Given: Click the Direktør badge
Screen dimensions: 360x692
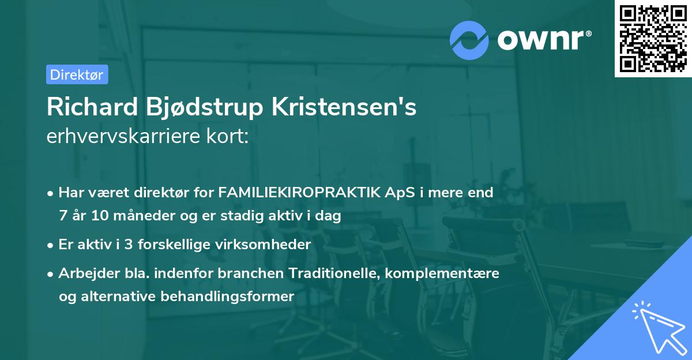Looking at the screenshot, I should [x=77, y=74].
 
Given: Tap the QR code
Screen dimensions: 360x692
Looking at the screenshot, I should [x=653, y=39].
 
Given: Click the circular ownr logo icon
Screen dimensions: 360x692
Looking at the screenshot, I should [x=468, y=39].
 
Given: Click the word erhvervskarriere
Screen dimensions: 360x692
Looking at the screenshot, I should [x=123, y=137].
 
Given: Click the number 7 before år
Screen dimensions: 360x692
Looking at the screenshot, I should [x=62, y=216].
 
